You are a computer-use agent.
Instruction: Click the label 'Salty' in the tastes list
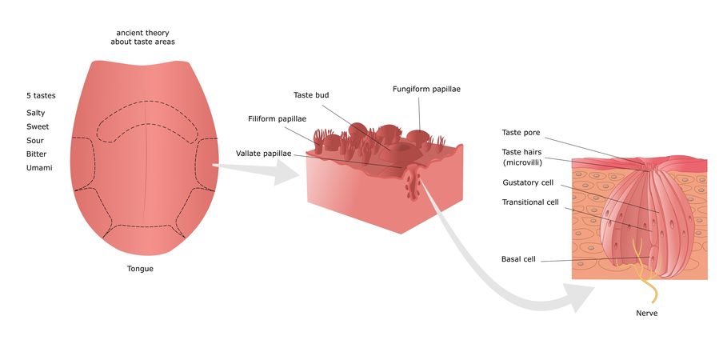point(36,113)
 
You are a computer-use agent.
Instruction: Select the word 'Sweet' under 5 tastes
point(38,126)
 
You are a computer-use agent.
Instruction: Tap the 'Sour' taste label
point(35,139)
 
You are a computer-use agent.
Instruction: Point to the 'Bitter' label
point(37,153)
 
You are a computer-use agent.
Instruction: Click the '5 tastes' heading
point(40,95)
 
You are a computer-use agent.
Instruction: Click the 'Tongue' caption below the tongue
point(140,269)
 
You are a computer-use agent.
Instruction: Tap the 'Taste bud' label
point(311,95)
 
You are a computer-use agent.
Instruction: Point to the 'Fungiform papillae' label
point(426,89)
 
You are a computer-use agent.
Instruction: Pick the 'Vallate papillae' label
point(263,153)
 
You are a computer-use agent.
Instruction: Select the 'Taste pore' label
point(521,132)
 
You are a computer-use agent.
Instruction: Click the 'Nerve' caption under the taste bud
point(646,313)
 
